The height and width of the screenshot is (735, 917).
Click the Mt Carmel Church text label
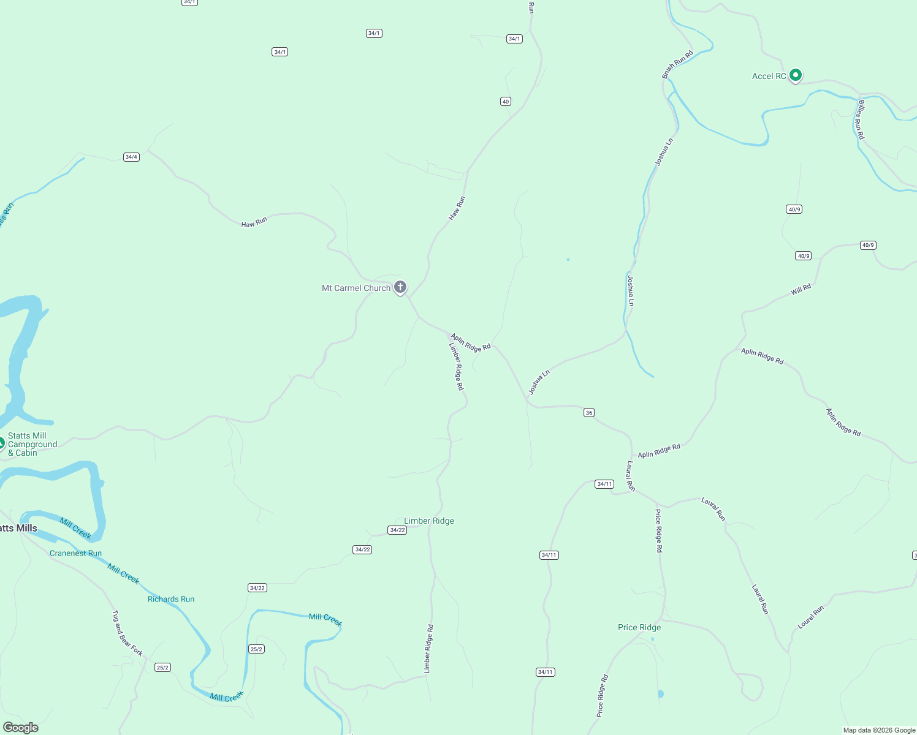(356, 288)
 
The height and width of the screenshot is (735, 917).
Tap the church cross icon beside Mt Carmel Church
(400, 287)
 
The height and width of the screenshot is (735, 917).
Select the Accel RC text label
(769, 76)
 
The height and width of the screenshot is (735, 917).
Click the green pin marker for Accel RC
(796, 75)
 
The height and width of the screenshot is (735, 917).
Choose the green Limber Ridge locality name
(429, 521)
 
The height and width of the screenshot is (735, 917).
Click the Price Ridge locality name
(639, 627)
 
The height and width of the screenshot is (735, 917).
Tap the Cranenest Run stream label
(75, 553)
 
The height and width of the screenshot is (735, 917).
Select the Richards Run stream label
(171, 599)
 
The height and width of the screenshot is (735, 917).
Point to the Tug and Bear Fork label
(127, 633)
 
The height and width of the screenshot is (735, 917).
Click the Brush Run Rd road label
(677, 64)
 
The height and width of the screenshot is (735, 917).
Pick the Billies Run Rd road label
(861, 119)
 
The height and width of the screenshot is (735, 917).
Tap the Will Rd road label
(801, 289)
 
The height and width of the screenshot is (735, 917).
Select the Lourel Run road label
(810, 617)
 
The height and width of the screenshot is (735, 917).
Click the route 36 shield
(589, 413)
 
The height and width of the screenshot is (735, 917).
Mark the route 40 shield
(506, 102)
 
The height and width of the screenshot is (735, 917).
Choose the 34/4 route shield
(131, 157)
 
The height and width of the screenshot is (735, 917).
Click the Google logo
(21, 728)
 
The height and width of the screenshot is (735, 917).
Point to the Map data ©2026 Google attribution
(879, 730)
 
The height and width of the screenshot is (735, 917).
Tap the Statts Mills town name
(18, 528)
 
